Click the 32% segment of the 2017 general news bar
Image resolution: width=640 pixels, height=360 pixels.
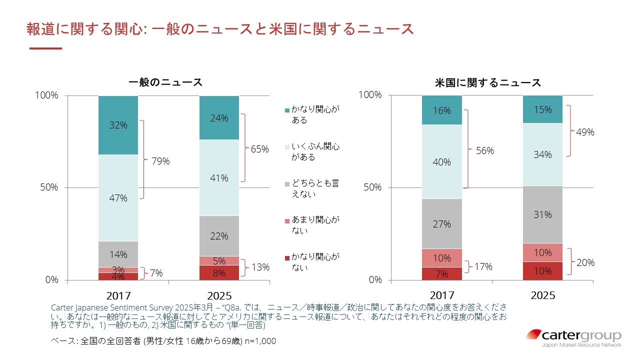[x=118, y=125]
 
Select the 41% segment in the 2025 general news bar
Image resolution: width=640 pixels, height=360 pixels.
[x=219, y=177]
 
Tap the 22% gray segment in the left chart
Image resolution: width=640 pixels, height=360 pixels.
[x=219, y=236]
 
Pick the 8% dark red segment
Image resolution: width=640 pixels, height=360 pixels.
[x=219, y=272]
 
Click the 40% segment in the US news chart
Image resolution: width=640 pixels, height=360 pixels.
[x=442, y=161]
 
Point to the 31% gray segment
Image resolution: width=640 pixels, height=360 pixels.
[x=542, y=214]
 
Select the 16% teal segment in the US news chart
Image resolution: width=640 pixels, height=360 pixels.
[x=442, y=110]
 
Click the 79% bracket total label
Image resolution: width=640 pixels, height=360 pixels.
[x=160, y=161]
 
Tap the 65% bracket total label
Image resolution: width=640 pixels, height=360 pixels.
[x=259, y=148]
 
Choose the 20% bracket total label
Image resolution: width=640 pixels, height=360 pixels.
[x=585, y=262]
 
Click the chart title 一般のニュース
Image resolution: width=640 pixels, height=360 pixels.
[x=165, y=82]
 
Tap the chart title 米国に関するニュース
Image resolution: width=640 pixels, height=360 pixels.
[x=488, y=82]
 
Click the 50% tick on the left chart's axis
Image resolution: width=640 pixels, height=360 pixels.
[x=49, y=187]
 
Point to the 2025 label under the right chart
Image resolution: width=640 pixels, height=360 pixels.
[x=542, y=295]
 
